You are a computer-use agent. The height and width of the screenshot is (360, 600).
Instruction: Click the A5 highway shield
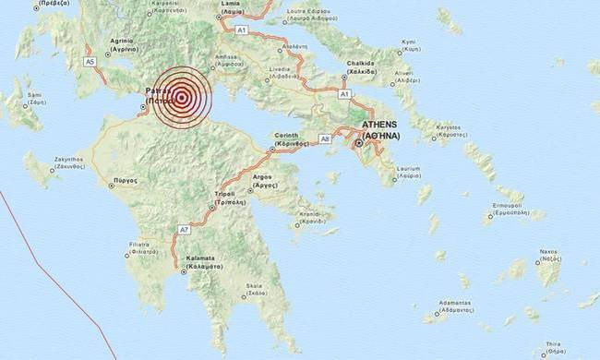90,61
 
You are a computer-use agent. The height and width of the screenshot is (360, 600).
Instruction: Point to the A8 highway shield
324,138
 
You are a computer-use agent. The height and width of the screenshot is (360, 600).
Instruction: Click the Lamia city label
231,7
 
